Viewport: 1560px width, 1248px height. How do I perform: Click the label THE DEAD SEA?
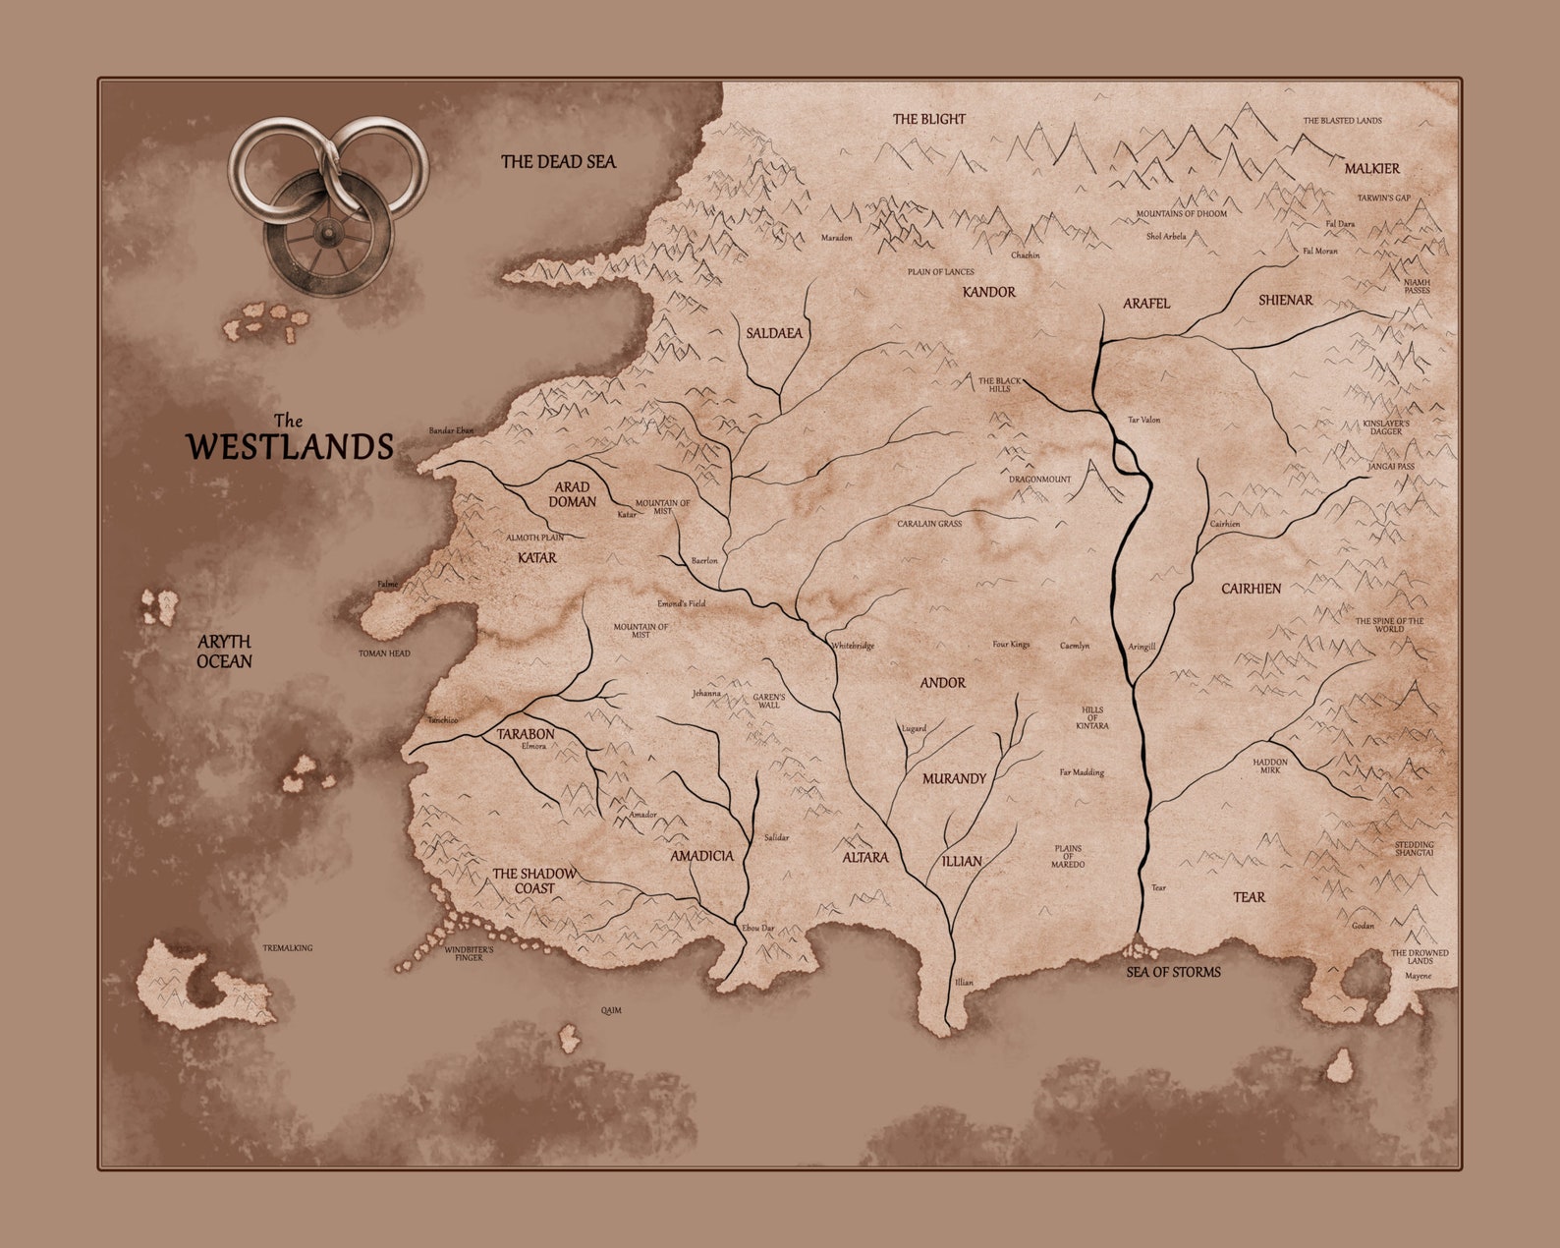click(x=558, y=161)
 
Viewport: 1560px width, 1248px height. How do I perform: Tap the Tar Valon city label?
click(x=1143, y=420)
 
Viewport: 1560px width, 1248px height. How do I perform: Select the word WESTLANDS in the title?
click(x=291, y=447)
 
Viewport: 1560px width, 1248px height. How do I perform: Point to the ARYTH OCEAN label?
click(x=224, y=652)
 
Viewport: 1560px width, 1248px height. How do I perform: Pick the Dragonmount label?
click(x=1039, y=480)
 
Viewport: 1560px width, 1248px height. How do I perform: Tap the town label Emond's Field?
click(x=681, y=603)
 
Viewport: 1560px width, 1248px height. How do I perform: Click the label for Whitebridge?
click(x=852, y=646)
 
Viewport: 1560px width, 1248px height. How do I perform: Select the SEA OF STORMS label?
click(x=1173, y=972)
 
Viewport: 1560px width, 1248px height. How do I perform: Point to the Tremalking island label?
click(x=287, y=948)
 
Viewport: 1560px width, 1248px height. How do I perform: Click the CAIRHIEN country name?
click(x=1251, y=589)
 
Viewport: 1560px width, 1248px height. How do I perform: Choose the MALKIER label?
click(x=1371, y=169)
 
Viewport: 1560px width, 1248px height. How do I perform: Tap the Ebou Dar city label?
click(x=757, y=928)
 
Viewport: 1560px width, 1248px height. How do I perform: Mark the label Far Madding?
click(x=1081, y=772)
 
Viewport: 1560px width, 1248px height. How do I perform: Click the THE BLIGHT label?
click(x=928, y=119)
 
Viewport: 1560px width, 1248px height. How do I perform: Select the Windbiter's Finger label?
click(x=469, y=953)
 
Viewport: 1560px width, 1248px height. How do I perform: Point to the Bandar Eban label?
click(x=451, y=430)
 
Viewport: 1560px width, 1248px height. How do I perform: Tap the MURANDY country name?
click(x=953, y=778)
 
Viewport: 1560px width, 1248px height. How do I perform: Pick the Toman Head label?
click(x=384, y=653)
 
